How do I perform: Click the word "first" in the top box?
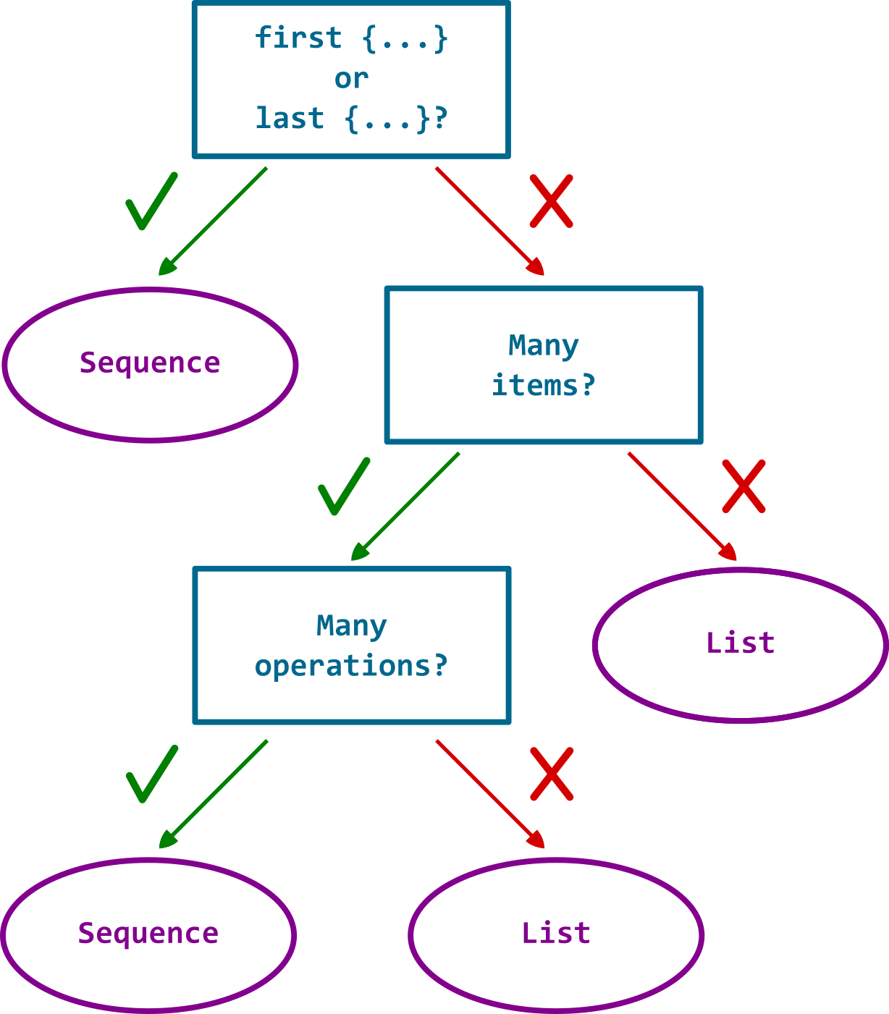click(x=298, y=38)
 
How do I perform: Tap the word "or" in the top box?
click(x=351, y=78)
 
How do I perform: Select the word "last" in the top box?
click(x=289, y=118)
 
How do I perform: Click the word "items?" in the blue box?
click(x=543, y=385)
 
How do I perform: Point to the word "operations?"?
click(x=351, y=666)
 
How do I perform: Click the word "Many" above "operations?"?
click(x=351, y=625)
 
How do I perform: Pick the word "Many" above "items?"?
click(x=543, y=345)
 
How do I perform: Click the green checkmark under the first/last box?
click(x=151, y=202)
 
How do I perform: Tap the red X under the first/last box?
click(x=551, y=200)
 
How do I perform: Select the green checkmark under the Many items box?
click(x=344, y=486)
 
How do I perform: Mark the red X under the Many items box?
click(x=743, y=486)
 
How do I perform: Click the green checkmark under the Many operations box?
click(x=151, y=774)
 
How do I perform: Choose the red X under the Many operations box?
click(x=552, y=774)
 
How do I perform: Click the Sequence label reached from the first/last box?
click(x=150, y=363)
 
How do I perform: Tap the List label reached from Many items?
click(x=740, y=643)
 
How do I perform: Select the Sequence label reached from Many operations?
click(x=148, y=933)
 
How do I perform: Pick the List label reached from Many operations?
click(x=556, y=933)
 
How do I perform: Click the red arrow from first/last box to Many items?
click(x=489, y=221)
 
